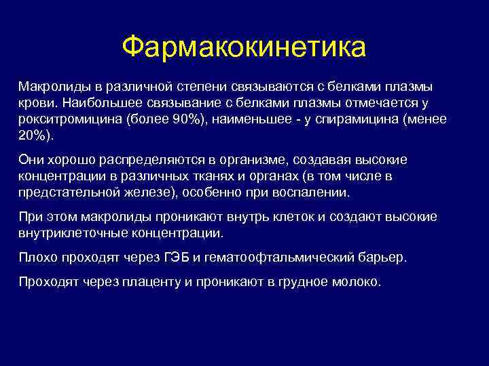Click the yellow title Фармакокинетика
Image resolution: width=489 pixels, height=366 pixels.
pyautogui.click(x=244, y=47)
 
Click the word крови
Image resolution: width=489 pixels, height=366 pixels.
pyautogui.click(x=35, y=103)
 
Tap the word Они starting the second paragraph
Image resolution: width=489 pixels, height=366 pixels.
pyautogui.click(x=31, y=159)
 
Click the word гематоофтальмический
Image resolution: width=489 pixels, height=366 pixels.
pyautogui.click(x=278, y=258)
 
